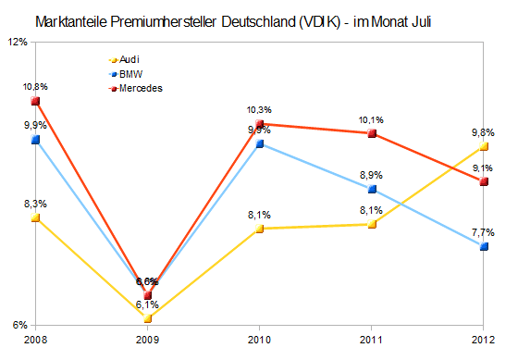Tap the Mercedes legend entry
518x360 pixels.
(x=134, y=88)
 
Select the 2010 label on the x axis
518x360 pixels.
(x=259, y=341)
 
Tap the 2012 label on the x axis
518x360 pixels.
(x=484, y=341)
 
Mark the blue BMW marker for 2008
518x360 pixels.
(x=35, y=140)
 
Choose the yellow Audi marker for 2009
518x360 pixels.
(x=147, y=318)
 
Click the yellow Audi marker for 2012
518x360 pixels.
(x=484, y=146)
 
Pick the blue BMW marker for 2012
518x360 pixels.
(x=484, y=246)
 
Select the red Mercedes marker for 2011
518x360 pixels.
(x=372, y=134)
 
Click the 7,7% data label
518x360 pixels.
(x=483, y=232)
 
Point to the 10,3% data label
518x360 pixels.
(x=259, y=110)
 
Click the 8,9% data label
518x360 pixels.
(x=371, y=175)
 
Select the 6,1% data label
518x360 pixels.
(x=147, y=304)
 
